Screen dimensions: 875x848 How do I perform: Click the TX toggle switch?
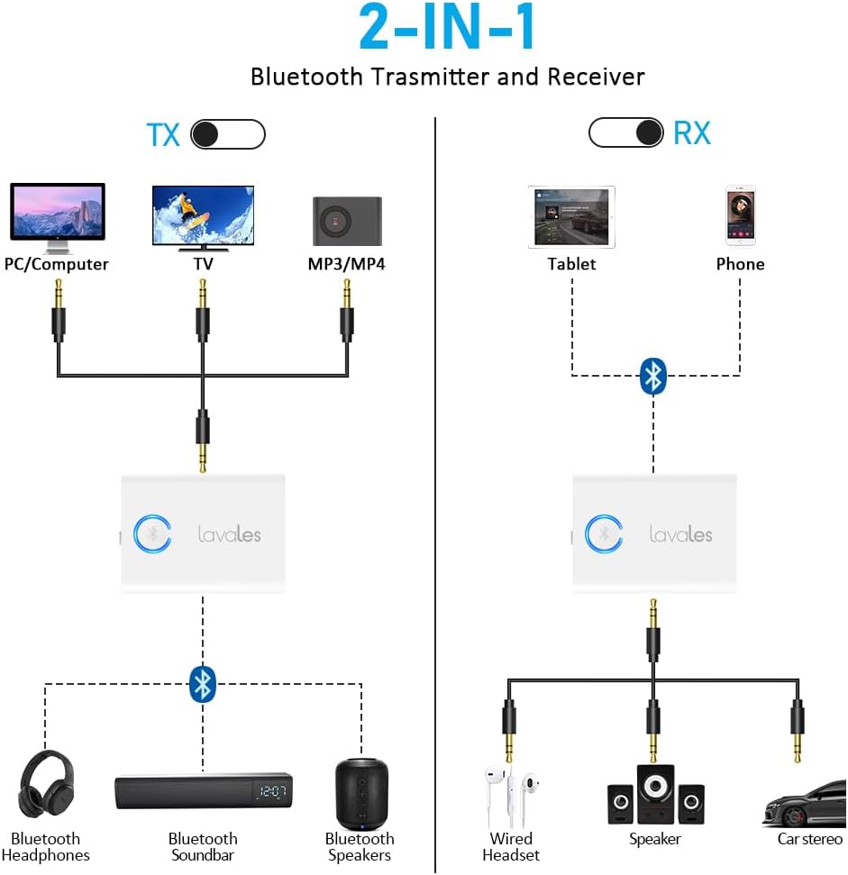[229, 134]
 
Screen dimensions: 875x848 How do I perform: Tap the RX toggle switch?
[625, 132]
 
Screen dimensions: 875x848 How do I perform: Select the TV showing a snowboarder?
[203, 217]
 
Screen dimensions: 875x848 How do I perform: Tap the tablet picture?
[571, 217]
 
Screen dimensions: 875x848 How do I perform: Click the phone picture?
[740, 215]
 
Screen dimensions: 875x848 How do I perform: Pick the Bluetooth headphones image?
[46, 784]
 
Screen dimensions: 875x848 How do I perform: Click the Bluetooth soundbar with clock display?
[204, 791]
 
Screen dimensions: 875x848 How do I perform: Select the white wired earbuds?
[511, 792]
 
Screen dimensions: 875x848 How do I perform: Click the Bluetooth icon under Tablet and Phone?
[652, 376]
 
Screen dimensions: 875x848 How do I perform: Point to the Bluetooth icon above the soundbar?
[203, 684]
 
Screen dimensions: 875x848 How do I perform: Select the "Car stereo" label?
[809, 839]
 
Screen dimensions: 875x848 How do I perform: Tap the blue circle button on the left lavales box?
[152, 533]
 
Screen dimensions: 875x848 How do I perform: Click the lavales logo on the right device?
[680, 533]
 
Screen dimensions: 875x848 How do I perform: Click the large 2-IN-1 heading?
[448, 29]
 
